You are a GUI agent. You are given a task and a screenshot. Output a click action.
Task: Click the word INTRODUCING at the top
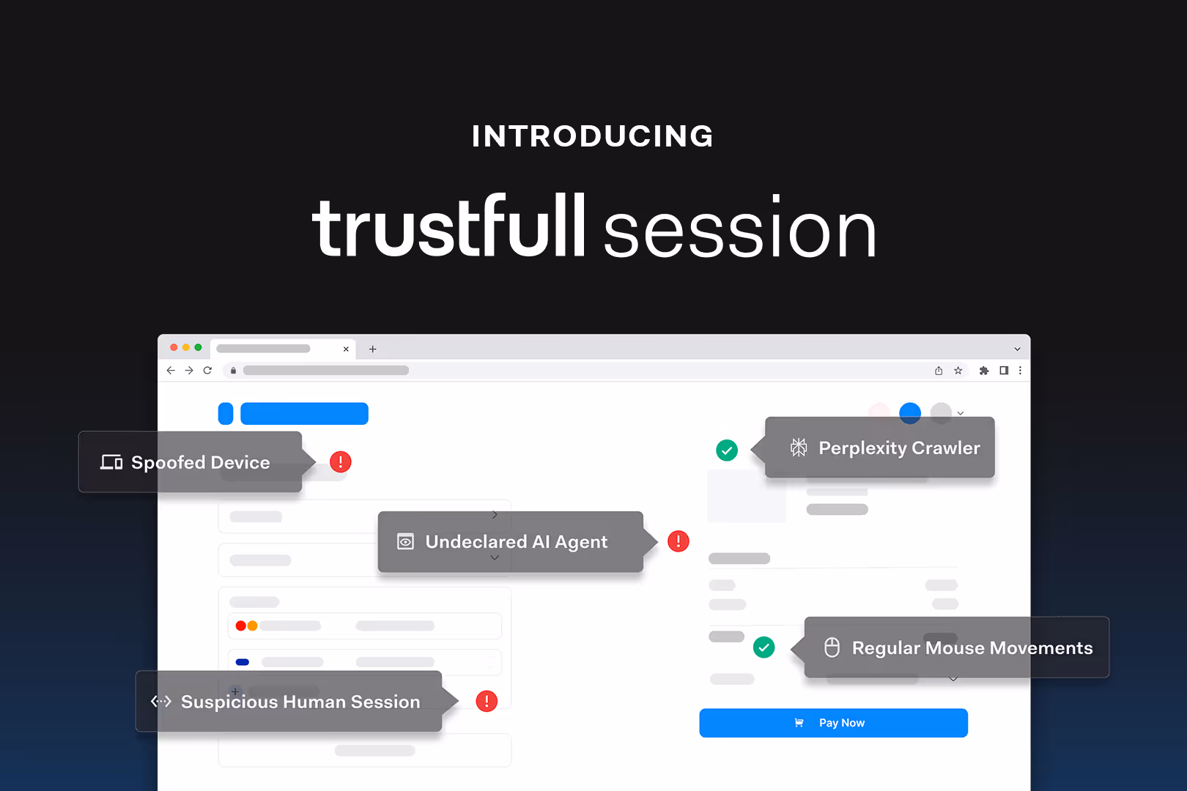[593, 136]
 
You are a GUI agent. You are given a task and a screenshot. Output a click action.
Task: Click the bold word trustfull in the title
[448, 227]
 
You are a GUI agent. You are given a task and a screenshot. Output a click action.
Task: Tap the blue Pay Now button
[833, 723]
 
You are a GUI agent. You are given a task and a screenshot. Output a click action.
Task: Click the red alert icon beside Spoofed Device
[341, 461]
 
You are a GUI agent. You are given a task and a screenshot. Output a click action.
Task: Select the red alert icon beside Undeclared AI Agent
[678, 541]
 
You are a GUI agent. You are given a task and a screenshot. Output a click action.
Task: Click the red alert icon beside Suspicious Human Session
[487, 701]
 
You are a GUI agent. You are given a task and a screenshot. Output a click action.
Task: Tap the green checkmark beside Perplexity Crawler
[727, 450]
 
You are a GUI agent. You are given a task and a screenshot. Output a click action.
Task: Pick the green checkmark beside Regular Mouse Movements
[764, 647]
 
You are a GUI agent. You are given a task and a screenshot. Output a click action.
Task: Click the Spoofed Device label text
[200, 462]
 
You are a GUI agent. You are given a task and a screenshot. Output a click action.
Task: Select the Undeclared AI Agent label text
[516, 542]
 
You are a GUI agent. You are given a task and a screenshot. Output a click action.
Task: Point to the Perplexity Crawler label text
[899, 448]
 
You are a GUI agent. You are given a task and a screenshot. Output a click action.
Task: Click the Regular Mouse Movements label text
[972, 648]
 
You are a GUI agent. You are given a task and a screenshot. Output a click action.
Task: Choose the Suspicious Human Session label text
[300, 702]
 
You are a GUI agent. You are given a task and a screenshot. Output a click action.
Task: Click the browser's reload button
[207, 371]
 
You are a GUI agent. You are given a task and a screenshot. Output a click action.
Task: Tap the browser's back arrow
[171, 371]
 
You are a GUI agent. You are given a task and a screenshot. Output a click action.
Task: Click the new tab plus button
[373, 349]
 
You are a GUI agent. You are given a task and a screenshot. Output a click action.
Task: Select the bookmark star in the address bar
[958, 371]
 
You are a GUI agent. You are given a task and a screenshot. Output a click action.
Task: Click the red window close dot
[174, 347]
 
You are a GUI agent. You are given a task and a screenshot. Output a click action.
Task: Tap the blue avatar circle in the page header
[910, 413]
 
